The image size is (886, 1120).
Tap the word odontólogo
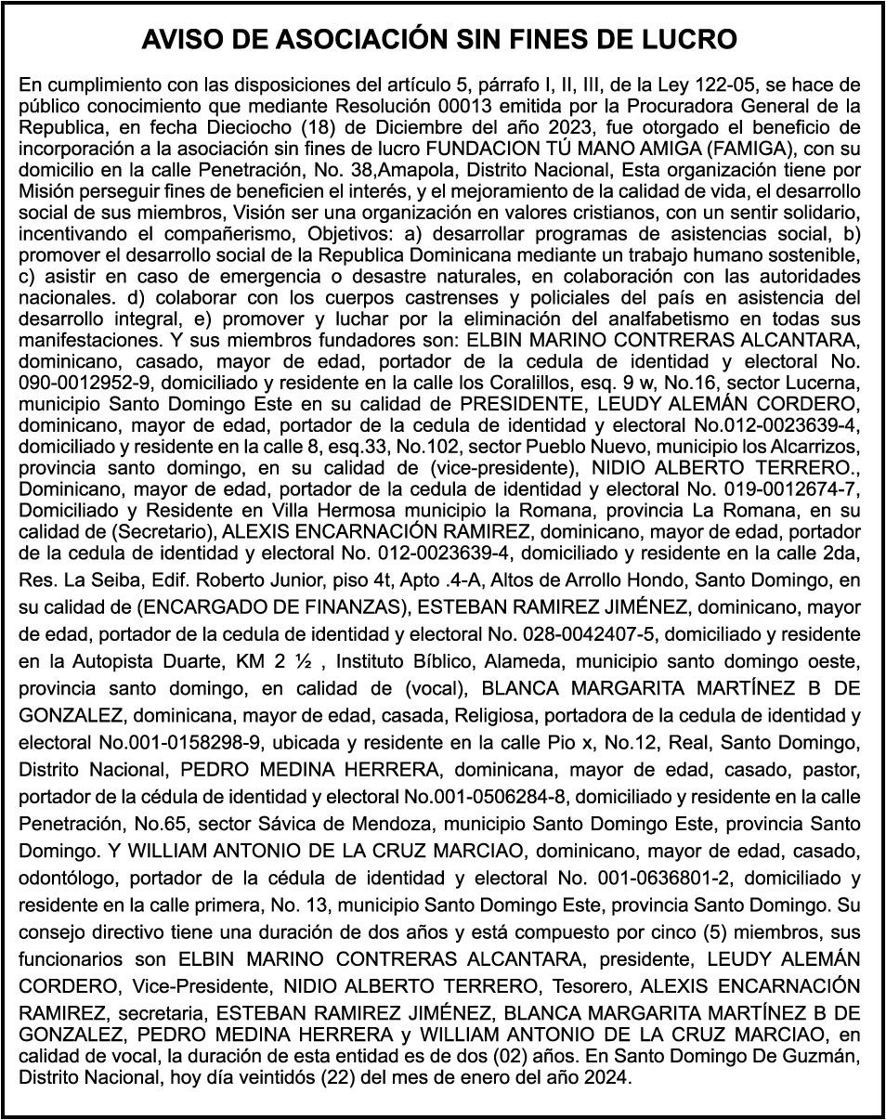(68, 878)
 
